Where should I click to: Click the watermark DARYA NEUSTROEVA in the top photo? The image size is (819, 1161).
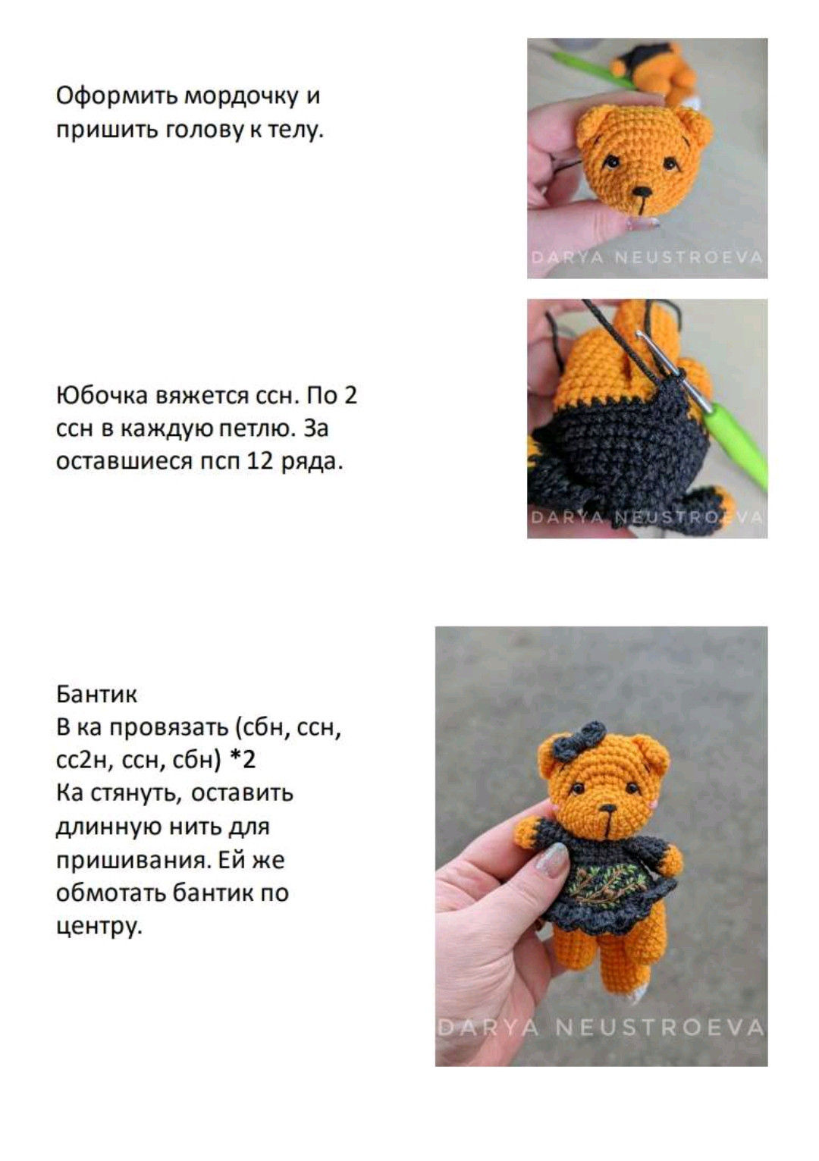pyautogui.click(x=648, y=258)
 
